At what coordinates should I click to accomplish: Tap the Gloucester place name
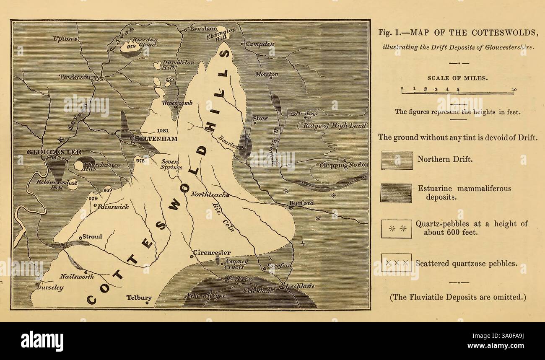click(54, 152)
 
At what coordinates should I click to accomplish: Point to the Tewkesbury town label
click(78, 77)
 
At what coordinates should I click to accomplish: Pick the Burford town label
click(301, 203)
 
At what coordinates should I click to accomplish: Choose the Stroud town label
click(92, 236)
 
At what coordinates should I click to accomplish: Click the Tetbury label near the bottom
click(139, 298)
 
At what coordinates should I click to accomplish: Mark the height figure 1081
click(163, 130)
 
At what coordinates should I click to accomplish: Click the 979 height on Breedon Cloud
click(131, 47)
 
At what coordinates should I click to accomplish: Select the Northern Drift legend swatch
click(396, 160)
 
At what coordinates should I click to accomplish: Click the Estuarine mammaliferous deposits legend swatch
click(396, 192)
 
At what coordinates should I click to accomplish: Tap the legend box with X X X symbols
click(396, 263)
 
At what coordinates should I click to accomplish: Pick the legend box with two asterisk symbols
click(396, 228)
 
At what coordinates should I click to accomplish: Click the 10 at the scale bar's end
click(514, 89)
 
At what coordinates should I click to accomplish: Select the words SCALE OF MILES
click(457, 78)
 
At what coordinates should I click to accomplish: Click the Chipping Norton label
click(344, 165)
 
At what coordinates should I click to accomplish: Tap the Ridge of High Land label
click(335, 126)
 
